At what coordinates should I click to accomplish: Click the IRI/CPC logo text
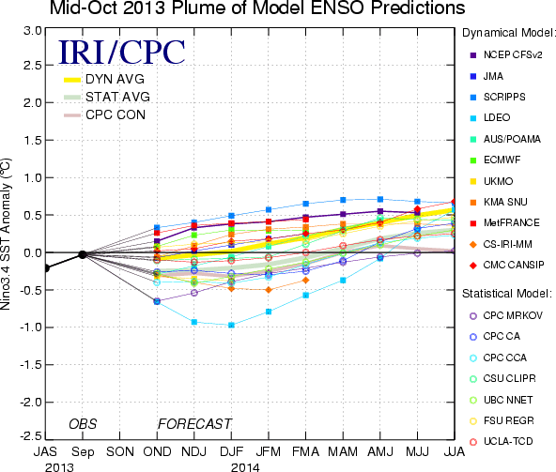point(122,53)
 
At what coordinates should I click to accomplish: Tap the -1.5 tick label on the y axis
point(30,365)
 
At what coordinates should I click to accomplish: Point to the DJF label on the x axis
point(232,451)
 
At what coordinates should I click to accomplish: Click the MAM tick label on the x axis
point(343,451)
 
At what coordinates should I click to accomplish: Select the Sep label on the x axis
point(83,452)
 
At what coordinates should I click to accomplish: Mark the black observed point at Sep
point(83,254)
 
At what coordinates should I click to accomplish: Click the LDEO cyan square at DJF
point(232,325)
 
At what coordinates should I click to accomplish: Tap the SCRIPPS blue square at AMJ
point(380,200)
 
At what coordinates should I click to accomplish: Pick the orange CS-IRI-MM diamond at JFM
point(269,290)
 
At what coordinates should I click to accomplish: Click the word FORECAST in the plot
point(194,424)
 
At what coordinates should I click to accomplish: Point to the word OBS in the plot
point(83,424)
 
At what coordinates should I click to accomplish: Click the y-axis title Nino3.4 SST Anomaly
point(6,234)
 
